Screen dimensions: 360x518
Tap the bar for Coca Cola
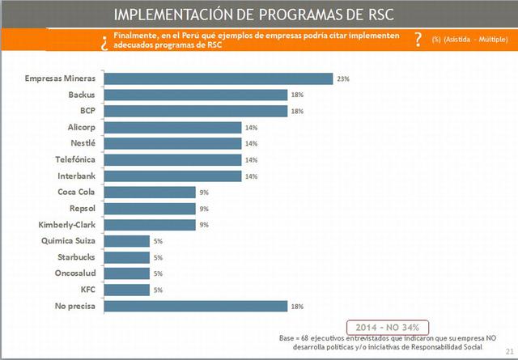pos(151,193)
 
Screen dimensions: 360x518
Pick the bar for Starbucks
pos(128,257)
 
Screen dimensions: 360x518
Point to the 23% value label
pos(344,79)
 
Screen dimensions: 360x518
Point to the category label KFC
pos(87,289)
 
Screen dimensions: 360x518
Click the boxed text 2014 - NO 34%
pos(387,326)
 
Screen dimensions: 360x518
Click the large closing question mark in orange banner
pos(417,40)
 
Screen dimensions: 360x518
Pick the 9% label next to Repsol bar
pos(204,209)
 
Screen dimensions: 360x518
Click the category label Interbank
pos(77,176)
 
